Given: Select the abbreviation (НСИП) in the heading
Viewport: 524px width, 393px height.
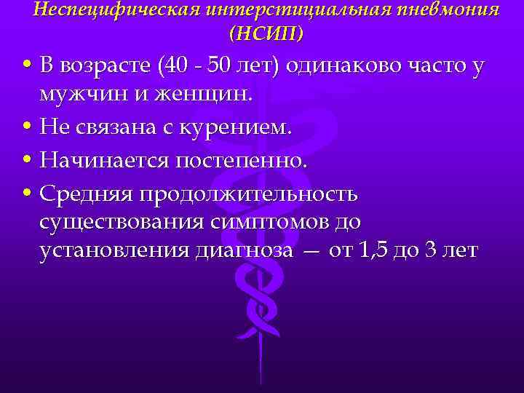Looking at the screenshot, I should click(x=266, y=33).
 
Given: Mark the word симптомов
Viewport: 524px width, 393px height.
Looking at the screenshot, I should click(x=254, y=221).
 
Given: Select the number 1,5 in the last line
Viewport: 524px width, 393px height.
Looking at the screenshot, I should click(x=372, y=250).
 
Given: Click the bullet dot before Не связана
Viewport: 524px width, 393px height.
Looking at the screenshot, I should click(x=26, y=128).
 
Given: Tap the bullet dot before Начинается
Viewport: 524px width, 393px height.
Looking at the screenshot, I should click(x=26, y=161).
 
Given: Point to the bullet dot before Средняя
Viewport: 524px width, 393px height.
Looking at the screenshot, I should click(x=26, y=194).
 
